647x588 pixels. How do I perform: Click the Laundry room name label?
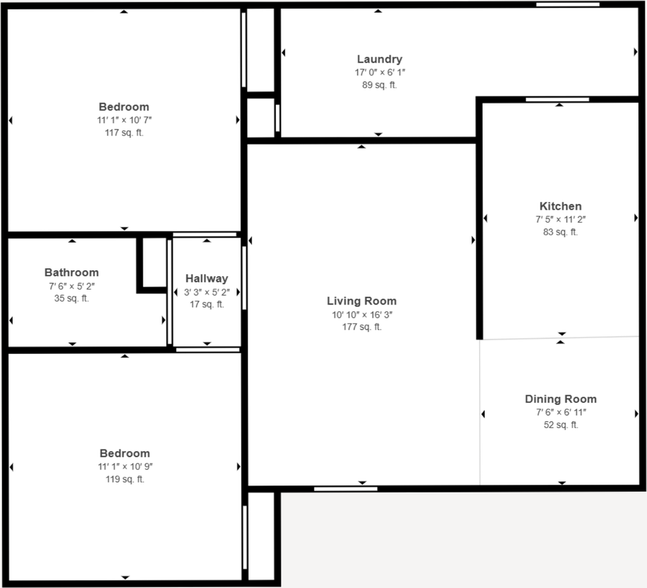[x=379, y=59]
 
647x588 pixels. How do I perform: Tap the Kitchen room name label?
[x=560, y=206]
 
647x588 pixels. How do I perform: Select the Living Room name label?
[x=361, y=301]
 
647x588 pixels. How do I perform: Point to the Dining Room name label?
[x=560, y=399]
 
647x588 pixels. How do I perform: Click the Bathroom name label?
[x=71, y=273]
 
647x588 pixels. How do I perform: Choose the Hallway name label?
[x=206, y=279]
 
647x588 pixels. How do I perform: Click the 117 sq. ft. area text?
[x=124, y=132]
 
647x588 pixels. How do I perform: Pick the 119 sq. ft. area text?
[x=124, y=479]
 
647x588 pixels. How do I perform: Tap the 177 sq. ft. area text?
[x=361, y=326]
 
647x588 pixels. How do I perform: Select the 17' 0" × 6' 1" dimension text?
[x=379, y=72]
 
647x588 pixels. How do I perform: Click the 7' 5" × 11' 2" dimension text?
[x=560, y=219]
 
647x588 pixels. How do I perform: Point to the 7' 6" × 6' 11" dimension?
[x=560, y=412]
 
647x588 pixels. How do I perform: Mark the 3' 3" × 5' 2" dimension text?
[x=206, y=292]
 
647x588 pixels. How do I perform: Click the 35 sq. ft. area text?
[x=71, y=298]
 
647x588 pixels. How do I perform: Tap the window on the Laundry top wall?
[x=567, y=5]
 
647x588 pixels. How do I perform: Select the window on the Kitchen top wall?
[x=558, y=99]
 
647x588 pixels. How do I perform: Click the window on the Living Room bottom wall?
[x=346, y=488]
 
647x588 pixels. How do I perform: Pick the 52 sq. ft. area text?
[x=560, y=425]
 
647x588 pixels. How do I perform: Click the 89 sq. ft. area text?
[x=379, y=85]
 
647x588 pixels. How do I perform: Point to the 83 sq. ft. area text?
[x=560, y=232]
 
